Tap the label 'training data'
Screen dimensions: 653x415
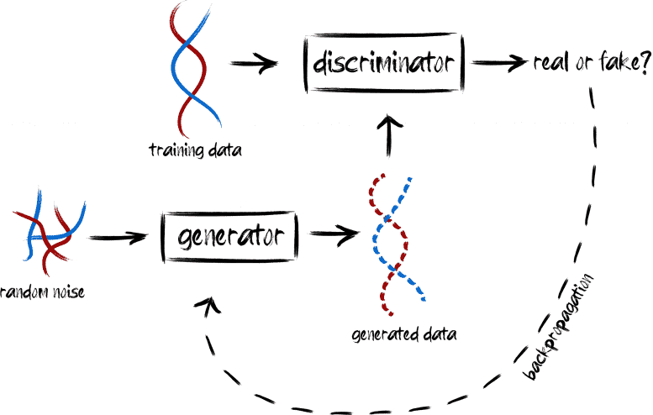[x=195, y=150]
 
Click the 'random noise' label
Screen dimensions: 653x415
[x=42, y=292]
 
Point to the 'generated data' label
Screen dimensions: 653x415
[x=404, y=334]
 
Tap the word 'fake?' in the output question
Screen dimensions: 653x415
[x=624, y=61]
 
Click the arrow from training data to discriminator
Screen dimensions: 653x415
[x=254, y=64]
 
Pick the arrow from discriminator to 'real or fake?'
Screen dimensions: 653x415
[x=499, y=63]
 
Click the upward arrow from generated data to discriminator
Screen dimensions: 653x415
[x=389, y=135]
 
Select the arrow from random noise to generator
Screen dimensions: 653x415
[x=118, y=238]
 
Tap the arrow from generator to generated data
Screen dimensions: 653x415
[x=334, y=234]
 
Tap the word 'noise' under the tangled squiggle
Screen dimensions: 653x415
[x=69, y=292]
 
